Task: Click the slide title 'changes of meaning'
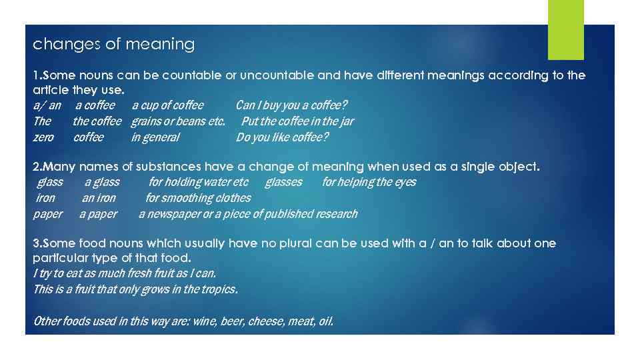click(x=114, y=45)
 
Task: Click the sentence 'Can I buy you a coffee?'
click(x=291, y=105)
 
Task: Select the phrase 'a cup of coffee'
click(x=167, y=105)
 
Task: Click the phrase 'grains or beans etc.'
click(x=178, y=121)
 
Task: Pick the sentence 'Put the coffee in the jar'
click(x=297, y=121)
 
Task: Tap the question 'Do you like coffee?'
click(x=282, y=137)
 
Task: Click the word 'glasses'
click(x=283, y=182)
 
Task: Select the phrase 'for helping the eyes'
click(x=369, y=182)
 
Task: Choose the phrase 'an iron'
click(x=99, y=198)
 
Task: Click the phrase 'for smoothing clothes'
click(x=198, y=198)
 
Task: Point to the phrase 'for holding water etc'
click(x=198, y=182)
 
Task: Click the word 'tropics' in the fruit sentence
click(x=218, y=289)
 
